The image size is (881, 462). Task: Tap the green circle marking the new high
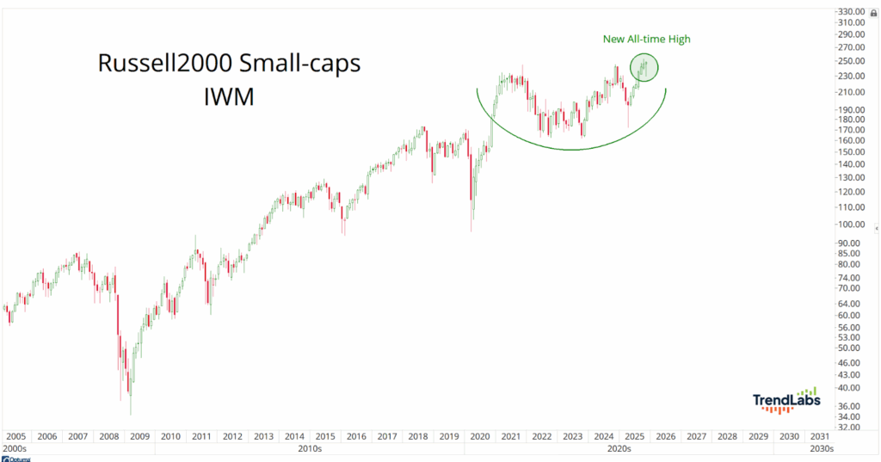(x=644, y=68)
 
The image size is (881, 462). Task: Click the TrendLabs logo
(x=786, y=400)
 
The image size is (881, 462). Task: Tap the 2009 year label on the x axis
(x=140, y=436)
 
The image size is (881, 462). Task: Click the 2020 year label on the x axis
(x=480, y=436)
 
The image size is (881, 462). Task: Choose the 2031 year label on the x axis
(x=820, y=436)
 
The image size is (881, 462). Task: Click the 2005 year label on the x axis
(x=16, y=436)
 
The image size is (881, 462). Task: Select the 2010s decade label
(x=310, y=448)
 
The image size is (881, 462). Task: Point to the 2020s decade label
(x=619, y=448)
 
